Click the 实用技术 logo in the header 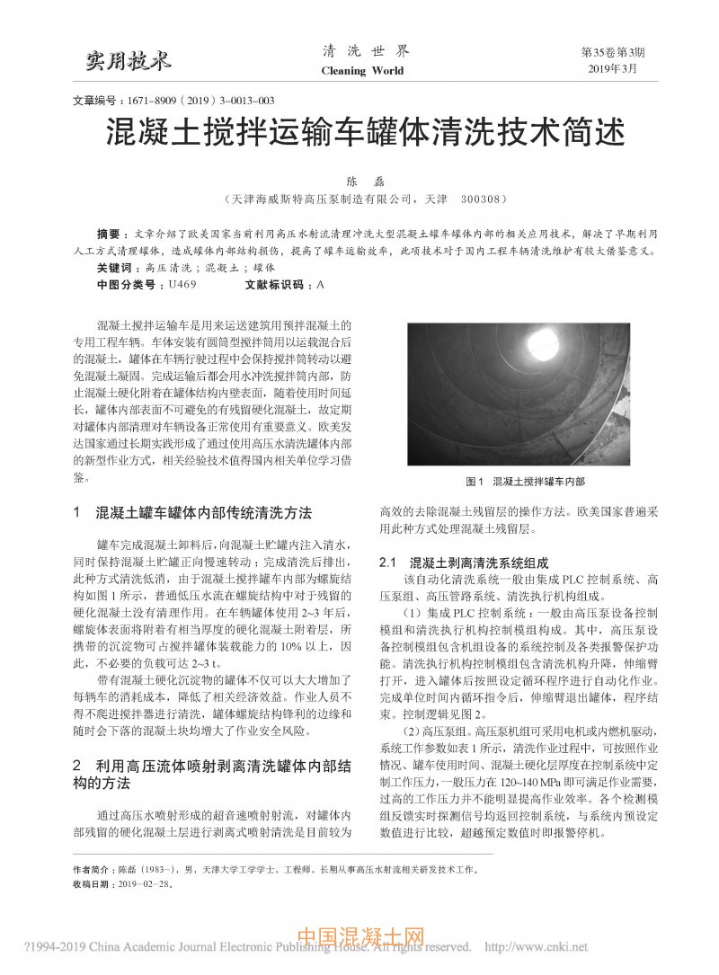tap(127, 61)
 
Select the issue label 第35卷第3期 tap(614, 52)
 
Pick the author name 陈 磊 tap(359, 181)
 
